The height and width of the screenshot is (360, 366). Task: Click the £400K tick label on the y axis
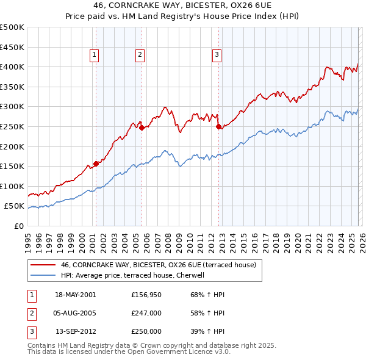pyautogui.click(x=12, y=67)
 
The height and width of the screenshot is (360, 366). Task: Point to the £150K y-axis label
pyautogui.click(x=12, y=166)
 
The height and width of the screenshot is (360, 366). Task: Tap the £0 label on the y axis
pyautogui.click(x=18, y=226)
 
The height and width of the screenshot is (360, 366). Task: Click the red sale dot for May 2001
pyautogui.click(x=96, y=164)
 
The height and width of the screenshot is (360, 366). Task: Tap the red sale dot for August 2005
pyautogui.click(x=142, y=128)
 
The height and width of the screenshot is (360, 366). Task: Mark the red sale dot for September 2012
pyautogui.click(x=218, y=126)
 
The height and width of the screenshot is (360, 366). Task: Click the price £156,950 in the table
pyautogui.click(x=146, y=295)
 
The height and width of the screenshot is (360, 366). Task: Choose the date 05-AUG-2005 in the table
pyautogui.click(x=76, y=313)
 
